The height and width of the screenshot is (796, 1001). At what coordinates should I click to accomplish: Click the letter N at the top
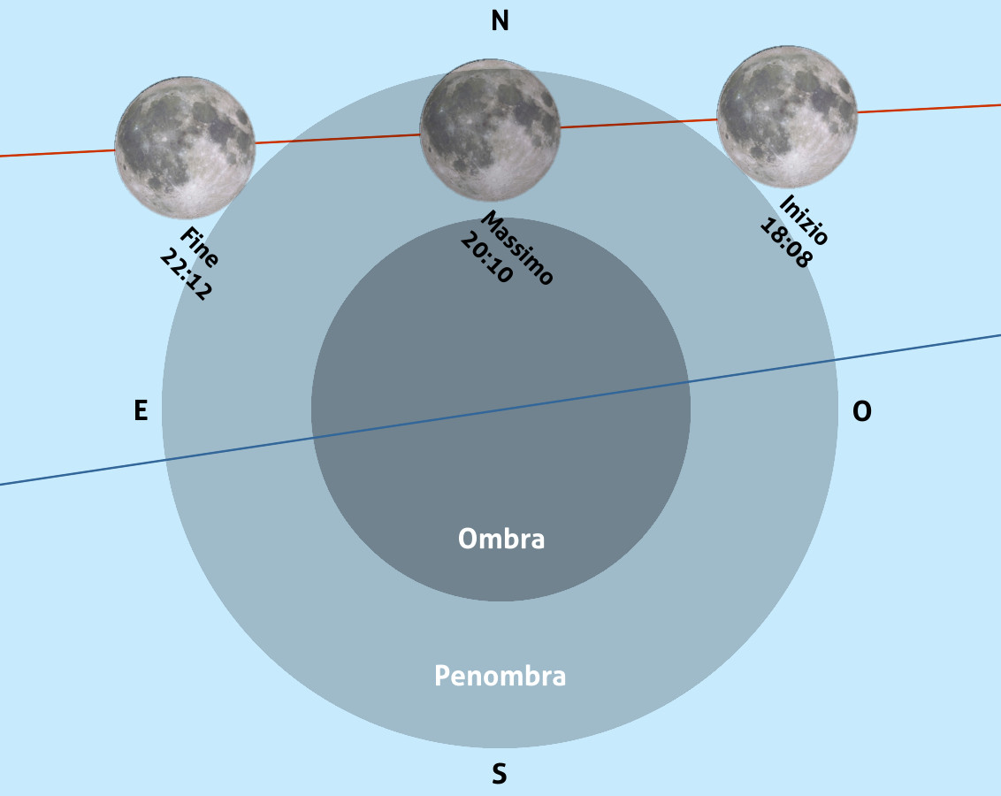(x=500, y=20)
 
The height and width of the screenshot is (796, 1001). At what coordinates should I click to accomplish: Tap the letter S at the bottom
(x=500, y=774)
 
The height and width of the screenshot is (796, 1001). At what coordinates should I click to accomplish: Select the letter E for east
(x=141, y=409)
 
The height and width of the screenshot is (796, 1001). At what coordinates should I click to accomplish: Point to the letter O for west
(x=862, y=411)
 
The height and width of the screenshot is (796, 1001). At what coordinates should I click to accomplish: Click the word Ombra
(x=501, y=539)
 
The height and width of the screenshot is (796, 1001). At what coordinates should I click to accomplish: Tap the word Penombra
(x=500, y=676)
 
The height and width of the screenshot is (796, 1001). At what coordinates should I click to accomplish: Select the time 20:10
(x=486, y=257)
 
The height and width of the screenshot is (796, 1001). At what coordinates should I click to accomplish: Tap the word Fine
(x=199, y=246)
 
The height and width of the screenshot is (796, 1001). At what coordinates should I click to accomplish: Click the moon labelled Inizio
(x=786, y=116)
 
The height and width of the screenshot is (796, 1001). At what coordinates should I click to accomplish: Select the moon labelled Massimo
(x=490, y=130)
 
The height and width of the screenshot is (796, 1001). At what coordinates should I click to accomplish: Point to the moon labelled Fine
(x=185, y=148)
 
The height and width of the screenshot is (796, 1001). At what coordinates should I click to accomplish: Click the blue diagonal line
(x=500, y=409)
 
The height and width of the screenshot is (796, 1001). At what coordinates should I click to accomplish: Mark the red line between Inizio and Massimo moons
(x=638, y=123)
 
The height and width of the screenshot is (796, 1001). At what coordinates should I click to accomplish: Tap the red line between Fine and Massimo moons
(x=338, y=139)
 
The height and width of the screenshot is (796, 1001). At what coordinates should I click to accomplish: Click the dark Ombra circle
(x=500, y=409)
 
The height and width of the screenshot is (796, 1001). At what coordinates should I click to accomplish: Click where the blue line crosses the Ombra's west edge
(x=689, y=382)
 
